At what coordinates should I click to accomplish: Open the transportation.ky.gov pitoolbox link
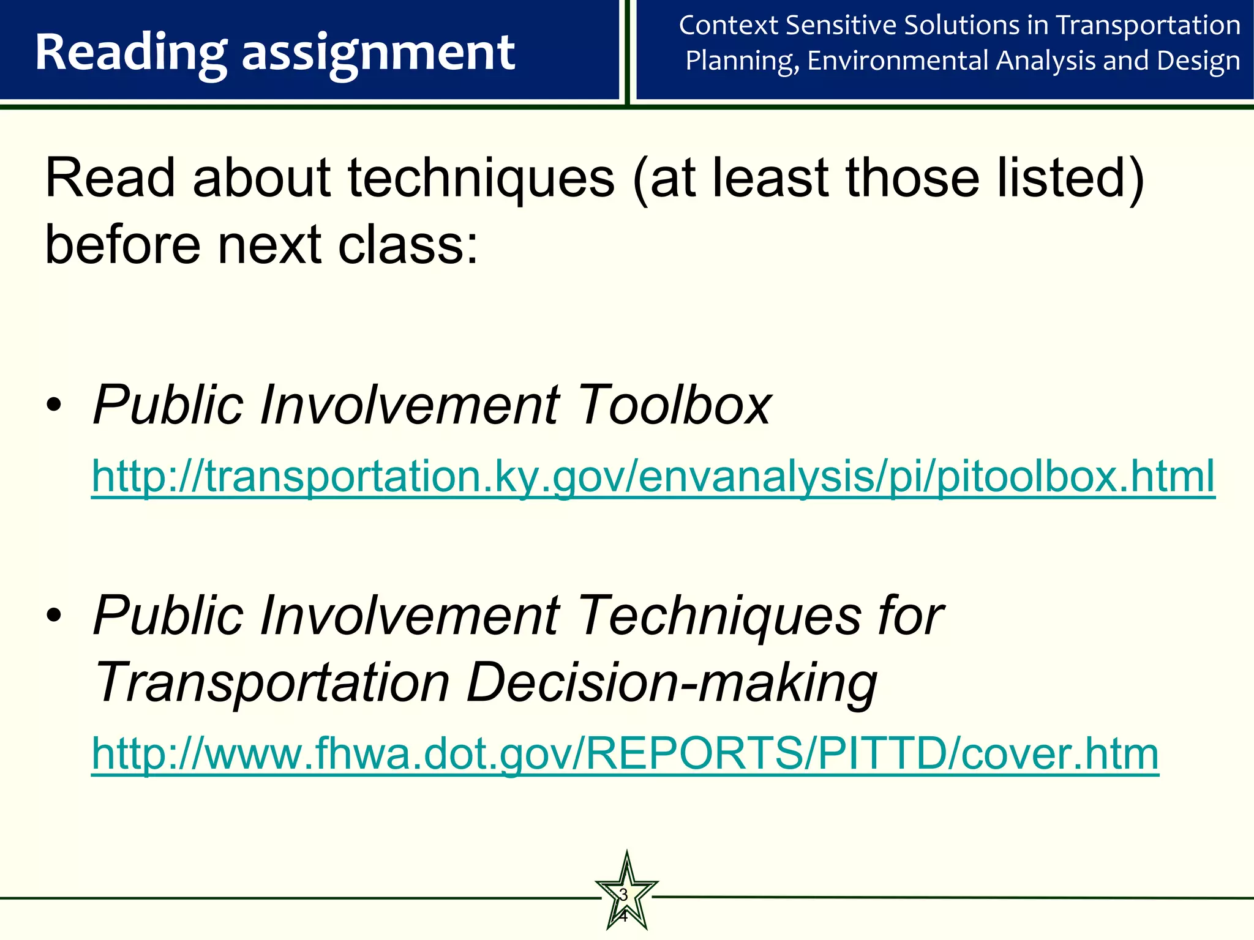click(653, 477)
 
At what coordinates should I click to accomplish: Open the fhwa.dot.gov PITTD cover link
click(625, 753)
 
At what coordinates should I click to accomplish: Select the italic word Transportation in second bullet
click(272, 682)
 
